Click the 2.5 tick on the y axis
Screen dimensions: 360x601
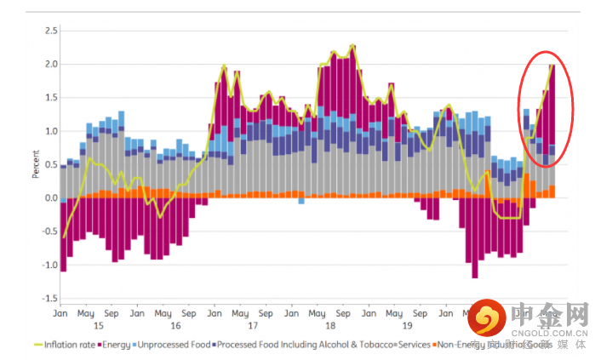(x=51, y=31)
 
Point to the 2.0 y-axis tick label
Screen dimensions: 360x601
(x=51, y=64)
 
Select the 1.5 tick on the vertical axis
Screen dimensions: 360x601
(x=51, y=98)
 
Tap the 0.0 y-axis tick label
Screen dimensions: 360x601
(x=51, y=198)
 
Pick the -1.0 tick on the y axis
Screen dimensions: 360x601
(x=49, y=265)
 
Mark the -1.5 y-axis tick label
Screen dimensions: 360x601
(x=49, y=299)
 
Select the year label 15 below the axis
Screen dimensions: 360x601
(x=99, y=325)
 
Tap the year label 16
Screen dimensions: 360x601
(x=176, y=325)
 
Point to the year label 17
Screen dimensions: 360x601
(x=253, y=325)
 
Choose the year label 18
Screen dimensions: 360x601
(x=330, y=325)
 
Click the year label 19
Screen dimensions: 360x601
(x=407, y=325)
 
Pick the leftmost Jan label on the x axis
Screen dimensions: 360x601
(x=60, y=312)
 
